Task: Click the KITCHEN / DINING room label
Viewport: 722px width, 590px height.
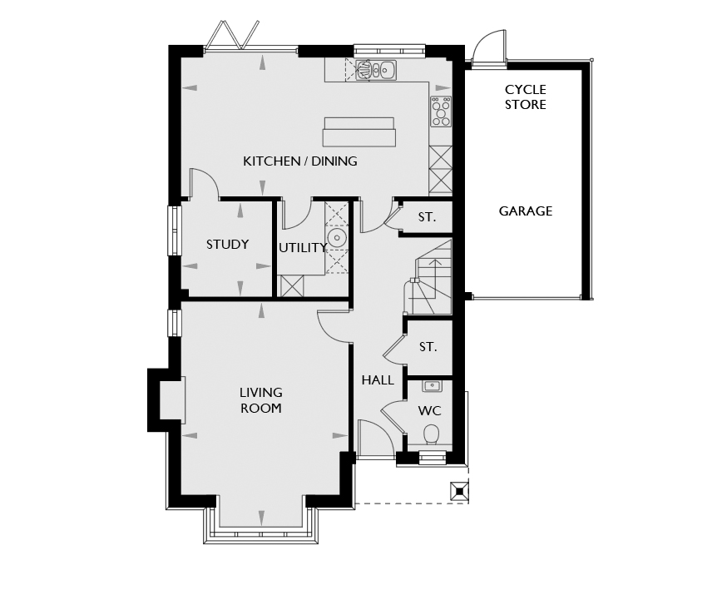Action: point(300,161)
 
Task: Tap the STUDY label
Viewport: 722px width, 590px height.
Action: point(227,244)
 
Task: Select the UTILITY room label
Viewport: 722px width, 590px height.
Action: point(303,248)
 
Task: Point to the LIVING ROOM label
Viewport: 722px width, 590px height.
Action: point(260,400)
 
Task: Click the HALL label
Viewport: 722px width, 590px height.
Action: point(378,380)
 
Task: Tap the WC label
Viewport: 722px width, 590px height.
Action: point(429,410)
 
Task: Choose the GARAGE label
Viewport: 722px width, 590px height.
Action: point(526,211)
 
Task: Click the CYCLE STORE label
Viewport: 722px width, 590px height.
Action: point(526,97)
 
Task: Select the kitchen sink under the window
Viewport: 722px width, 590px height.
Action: point(376,70)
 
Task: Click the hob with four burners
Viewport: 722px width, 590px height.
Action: point(441,111)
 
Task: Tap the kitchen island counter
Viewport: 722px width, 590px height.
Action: point(359,132)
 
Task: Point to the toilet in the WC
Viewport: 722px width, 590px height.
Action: point(431,434)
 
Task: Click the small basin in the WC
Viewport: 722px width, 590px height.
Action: point(432,386)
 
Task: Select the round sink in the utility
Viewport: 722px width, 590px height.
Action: point(337,238)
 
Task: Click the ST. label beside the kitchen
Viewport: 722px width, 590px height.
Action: point(427,217)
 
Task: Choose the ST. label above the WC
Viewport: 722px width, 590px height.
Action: point(428,347)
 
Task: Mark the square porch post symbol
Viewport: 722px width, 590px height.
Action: point(459,491)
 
